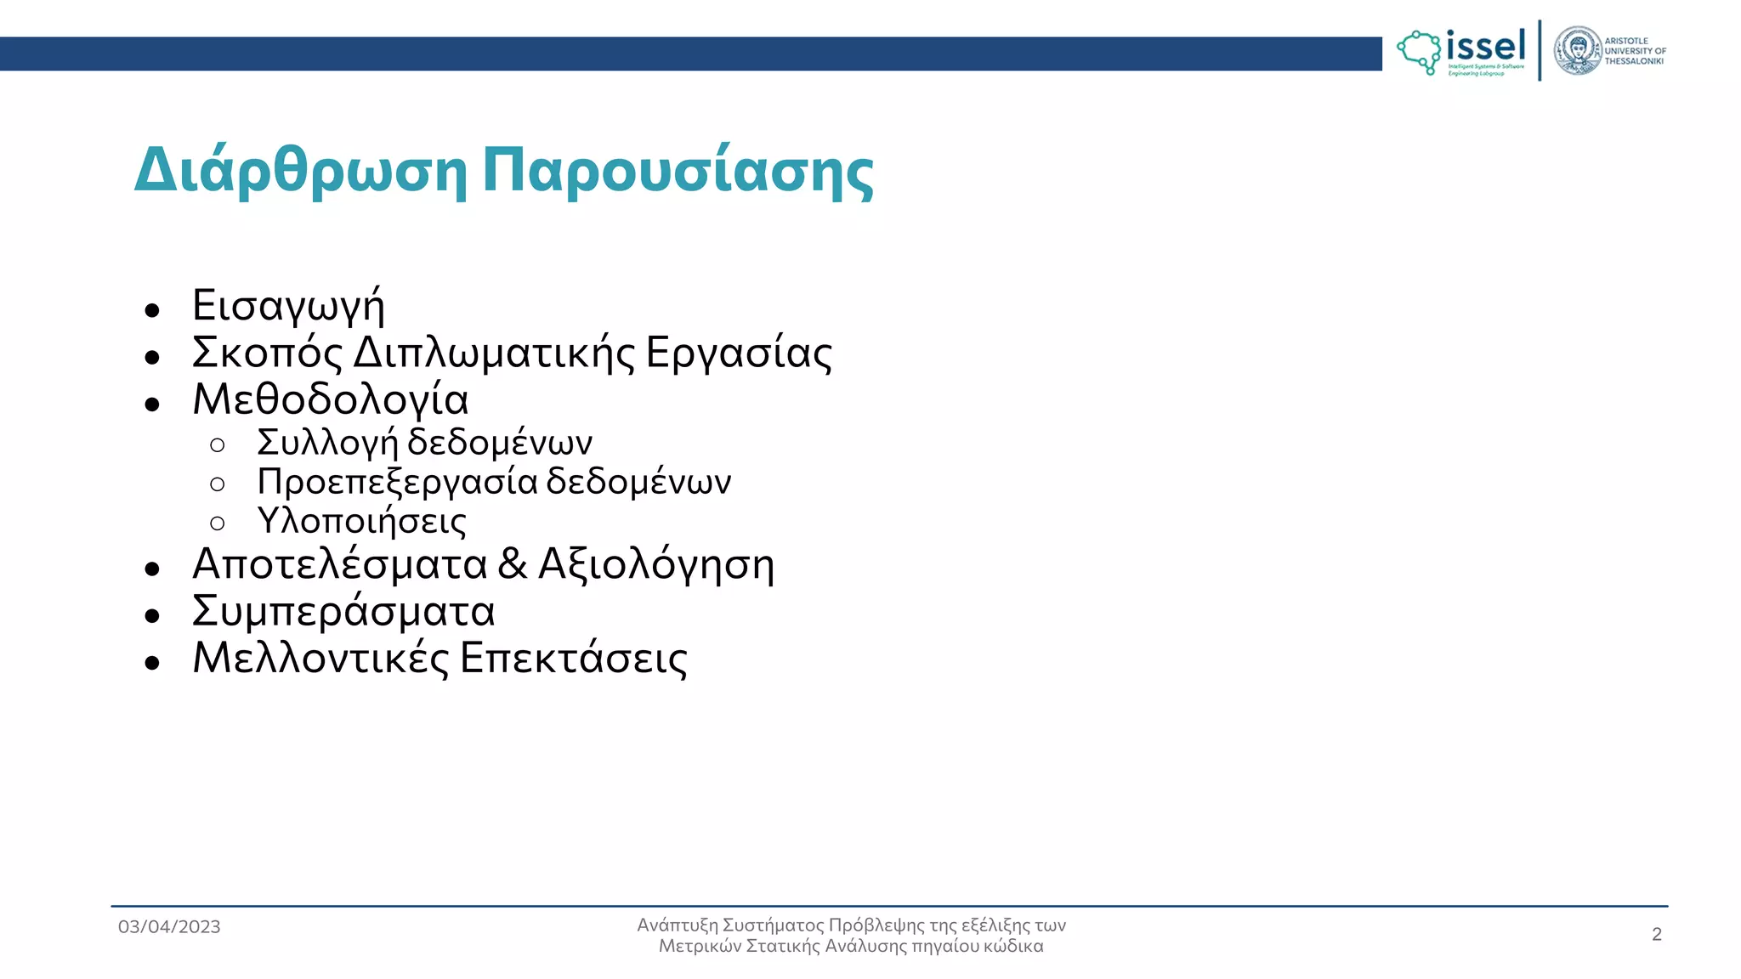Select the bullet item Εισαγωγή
click(288, 306)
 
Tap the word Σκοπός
click(267, 353)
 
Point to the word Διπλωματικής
click(494, 353)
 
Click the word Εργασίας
click(739, 353)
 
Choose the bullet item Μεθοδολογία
click(331, 399)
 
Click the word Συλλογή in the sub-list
click(327, 443)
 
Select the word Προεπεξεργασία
click(397, 482)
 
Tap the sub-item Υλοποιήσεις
click(361, 521)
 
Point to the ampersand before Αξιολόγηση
click(513, 563)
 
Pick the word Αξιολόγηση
click(656, 565)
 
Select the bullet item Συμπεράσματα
click(343, 612)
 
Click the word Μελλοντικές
click(320, 658)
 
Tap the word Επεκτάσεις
click(574, 658)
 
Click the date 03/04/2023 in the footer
click(169, 927)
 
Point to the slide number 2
click(1656, 935)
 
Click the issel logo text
click(1486, 46)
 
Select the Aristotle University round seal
click(1577, 51)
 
